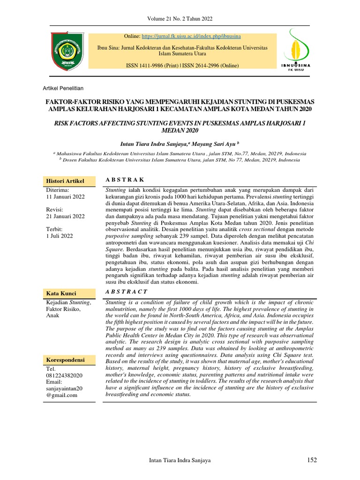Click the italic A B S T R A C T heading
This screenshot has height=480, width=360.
127,292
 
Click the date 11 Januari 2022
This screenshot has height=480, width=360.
65,197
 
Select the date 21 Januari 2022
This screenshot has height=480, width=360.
65,217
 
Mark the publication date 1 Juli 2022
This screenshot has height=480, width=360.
60,236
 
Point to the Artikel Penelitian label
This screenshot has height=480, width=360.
63,88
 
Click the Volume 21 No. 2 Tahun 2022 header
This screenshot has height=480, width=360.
180,19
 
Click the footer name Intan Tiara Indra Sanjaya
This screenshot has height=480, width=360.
180,461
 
